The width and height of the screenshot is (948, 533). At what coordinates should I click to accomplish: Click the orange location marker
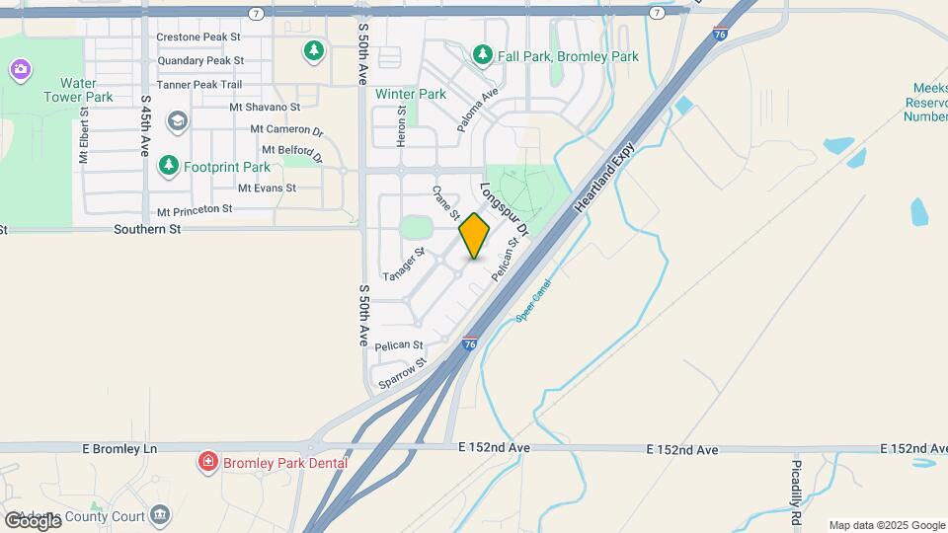(x=474, y=236)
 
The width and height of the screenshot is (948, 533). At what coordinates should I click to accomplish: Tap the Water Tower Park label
(x=78, y=90)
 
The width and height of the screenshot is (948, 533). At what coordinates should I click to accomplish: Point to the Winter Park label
(x=411, y=95)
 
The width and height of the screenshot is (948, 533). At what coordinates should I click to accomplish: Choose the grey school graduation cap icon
(x=177, y=122)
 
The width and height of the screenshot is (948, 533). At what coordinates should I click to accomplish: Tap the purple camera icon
(x=20, y=69)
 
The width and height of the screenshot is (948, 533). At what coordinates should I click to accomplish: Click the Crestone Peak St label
(x=199, y=38)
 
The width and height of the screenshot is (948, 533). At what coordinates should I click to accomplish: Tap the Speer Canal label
(x=532, y=300)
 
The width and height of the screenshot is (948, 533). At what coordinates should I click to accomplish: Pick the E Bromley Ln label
(x=120, y=448)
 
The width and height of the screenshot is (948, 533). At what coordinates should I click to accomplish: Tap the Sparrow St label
(x=401, y=371)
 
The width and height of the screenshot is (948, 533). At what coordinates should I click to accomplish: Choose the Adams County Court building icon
(x=160, y=514)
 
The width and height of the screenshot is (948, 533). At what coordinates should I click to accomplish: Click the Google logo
(x=32, y=519)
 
